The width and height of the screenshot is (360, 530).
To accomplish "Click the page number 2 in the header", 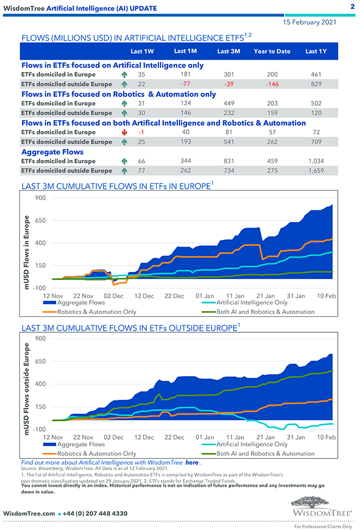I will tap(352, 7).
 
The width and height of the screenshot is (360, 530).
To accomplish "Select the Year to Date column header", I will tap(272, 52).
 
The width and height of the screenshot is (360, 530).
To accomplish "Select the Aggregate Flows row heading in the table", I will tap(53, 152).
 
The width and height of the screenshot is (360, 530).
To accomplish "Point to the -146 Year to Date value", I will tap(271, 84).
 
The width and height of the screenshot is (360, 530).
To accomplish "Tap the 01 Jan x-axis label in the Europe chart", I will tap(204, 296).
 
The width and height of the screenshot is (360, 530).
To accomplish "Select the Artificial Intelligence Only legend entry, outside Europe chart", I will tap(252, 444).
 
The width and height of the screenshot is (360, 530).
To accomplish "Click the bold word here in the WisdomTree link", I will tap(192, 462).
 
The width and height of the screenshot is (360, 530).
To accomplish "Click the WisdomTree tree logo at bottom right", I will tap(321, 506).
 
